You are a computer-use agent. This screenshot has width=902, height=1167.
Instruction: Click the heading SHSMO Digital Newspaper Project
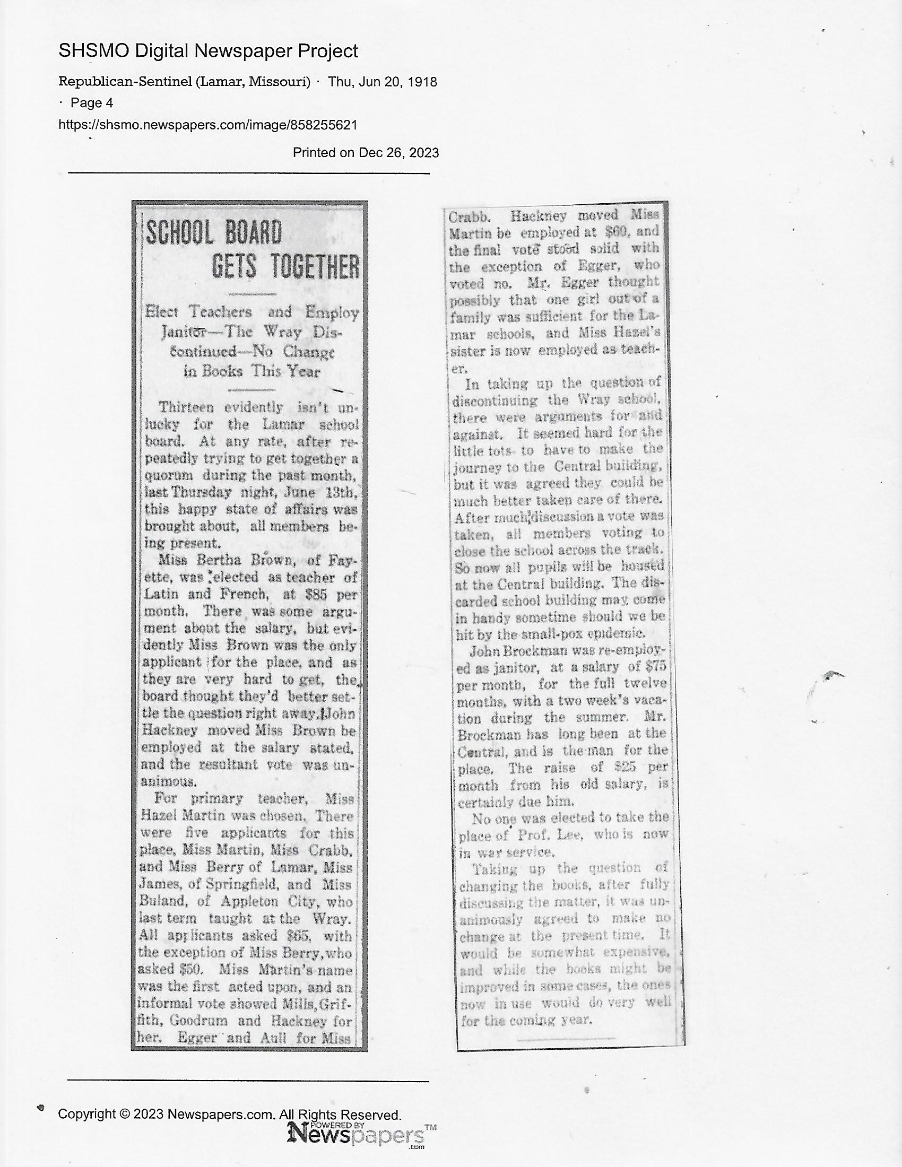click(x=208, y=51)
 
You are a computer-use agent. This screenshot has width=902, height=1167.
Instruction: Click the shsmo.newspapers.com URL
click(x=207, y=125)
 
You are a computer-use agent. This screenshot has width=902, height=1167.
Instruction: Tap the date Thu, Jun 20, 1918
click(x=383, y=82)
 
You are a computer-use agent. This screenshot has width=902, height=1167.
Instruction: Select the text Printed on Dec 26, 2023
click(x=366, y=153)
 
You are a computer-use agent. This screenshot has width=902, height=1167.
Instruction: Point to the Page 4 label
click(x=91, y=102)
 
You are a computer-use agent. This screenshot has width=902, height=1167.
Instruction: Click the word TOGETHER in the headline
click(x=285, y=267)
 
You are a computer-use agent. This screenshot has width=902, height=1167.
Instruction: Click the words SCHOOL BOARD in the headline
click(x=214, y=233)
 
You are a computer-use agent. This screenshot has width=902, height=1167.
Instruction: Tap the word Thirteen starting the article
click(x=186, y=407)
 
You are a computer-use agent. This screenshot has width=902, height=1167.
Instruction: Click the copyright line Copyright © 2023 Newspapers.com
click(x=230, y=1114)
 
